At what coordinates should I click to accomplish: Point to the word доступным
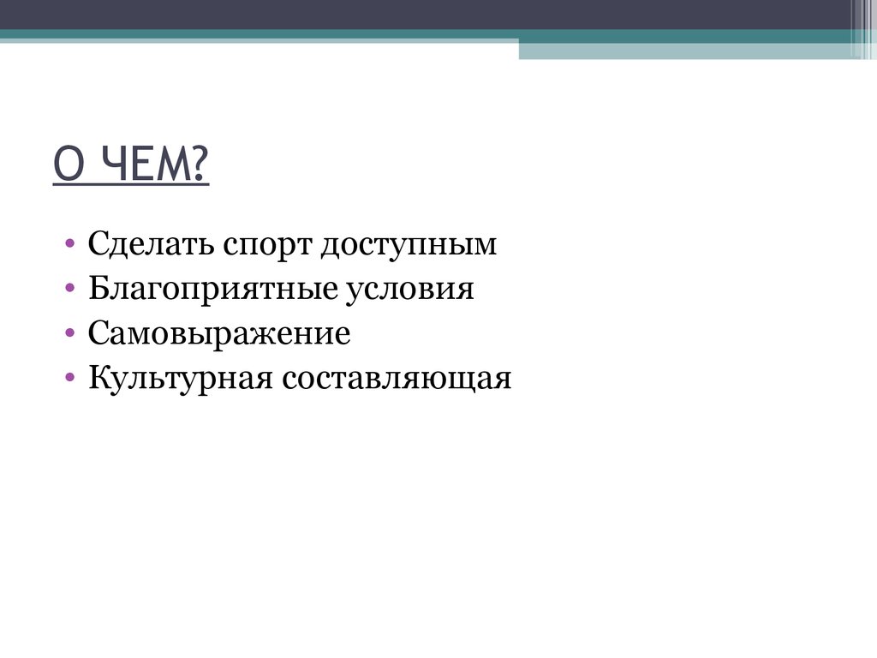pos(409,247)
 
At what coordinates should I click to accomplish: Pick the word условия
pos(409,290)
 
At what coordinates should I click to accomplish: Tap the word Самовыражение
pos(219,334)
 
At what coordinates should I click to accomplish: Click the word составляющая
pos(393,378)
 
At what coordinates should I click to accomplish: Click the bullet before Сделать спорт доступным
pos(69,246)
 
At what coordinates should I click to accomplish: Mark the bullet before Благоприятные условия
pos(69,290)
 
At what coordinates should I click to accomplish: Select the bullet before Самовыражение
pos(69,333)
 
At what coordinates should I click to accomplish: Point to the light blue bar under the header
pos(685,51)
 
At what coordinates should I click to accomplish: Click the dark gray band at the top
pos(428,15)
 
